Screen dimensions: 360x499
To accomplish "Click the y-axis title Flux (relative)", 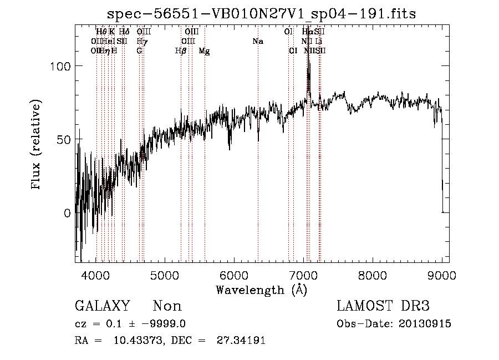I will [x=37, y=145].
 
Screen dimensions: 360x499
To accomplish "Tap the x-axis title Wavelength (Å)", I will [x=261, y=289].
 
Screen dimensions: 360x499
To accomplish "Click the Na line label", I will [x=257, y=42].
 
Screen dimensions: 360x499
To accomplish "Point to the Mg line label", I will [x=204, y=51].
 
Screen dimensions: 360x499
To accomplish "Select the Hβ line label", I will [x=180, y=51].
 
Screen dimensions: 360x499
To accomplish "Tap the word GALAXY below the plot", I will [x=102, y=306].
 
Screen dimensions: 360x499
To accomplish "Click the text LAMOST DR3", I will [x=383, y=306].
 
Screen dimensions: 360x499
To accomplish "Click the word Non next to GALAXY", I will [x=167, y=306].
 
